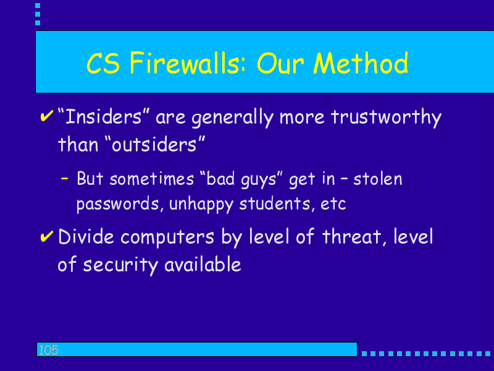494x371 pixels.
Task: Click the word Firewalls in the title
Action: pyautogui.click(x=187, y=63)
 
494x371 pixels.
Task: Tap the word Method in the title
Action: pyautogui.click(x=361, y=63)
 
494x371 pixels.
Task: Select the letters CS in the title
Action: pyautogui.click(x=103, y=64)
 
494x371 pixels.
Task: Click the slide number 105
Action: pyautogui.click(x=48, y=350)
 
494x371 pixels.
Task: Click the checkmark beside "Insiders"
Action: pyautogui.click(x=47, y=116)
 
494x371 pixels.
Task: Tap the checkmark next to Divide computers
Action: pyautogui.click(x=47, y=236)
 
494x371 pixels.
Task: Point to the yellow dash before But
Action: pyautogui.click(x=65, y=179)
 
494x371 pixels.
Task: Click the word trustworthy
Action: pyautogui.click(x=386, y=118)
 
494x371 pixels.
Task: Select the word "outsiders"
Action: pyautogui.click(x=154, y=144)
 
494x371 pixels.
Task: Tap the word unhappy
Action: pyautogui.click(x=201, y=204)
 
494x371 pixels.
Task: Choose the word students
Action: pyautogui.click(x=277, y=203)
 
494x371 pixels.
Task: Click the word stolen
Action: pyautogui.click(x=378, y=179)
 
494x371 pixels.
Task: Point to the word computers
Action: pyautogui.click(x=167, y=237)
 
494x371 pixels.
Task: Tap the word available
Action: pyautogui.click(x=203, y=264)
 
